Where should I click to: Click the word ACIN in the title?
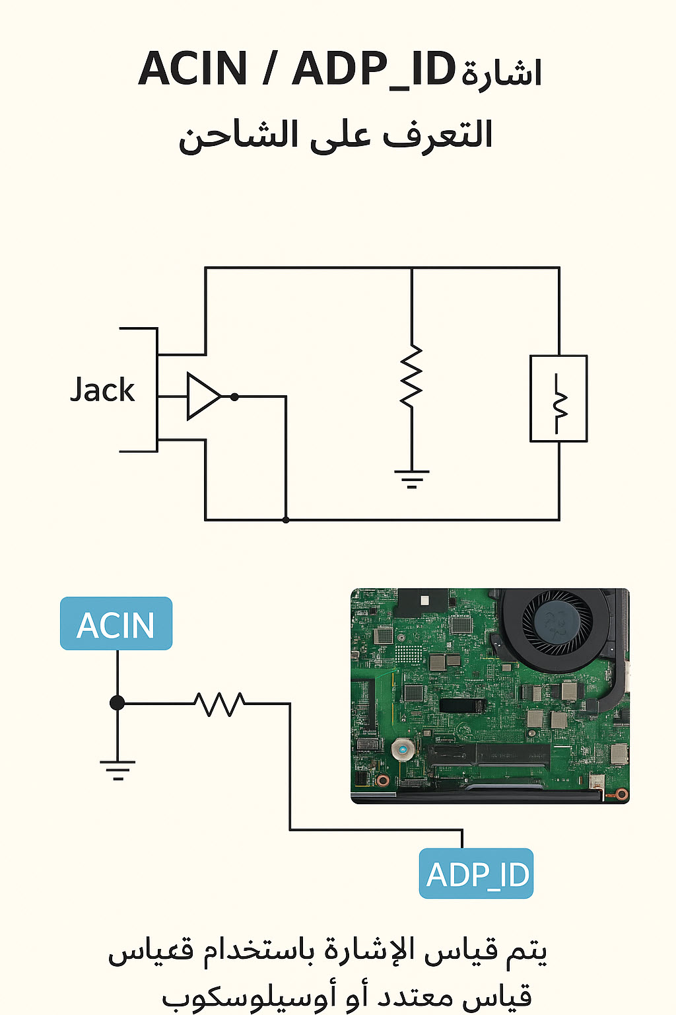[x=193, y=69]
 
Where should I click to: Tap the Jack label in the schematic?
[x=102, y=390]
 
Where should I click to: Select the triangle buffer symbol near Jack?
[x=203, y=396]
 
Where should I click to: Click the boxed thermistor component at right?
[x=558, y=398]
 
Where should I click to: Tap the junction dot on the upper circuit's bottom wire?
[x=286, y=520]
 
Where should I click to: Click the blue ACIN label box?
[x=116, y=624]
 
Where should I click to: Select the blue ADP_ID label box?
[x=476, y=874]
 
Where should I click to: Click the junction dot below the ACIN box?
[x=118, y=703]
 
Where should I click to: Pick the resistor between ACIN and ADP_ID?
[x=220, y=704]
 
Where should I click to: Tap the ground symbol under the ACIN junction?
[x=118, y=769]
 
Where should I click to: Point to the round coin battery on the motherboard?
[x=402, y=750]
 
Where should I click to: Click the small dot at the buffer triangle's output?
[x=234, y=396]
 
